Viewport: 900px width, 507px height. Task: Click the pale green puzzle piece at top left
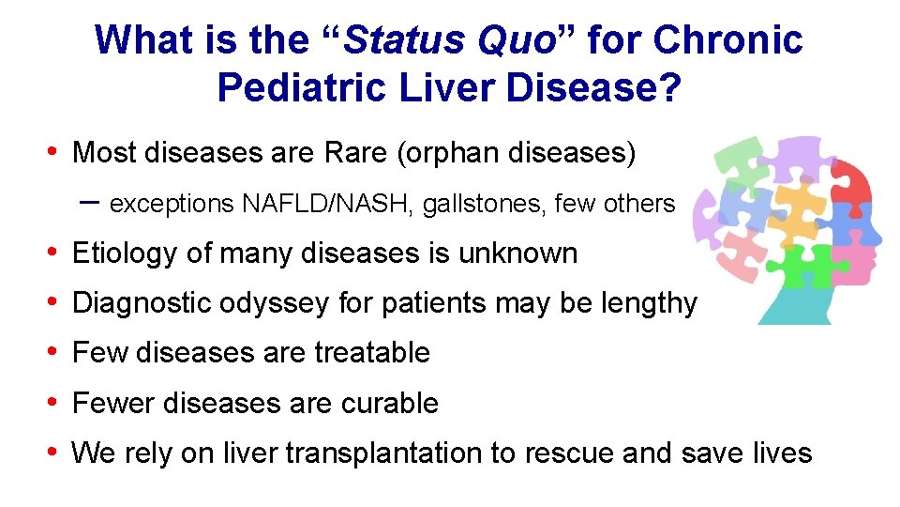click(740, 155)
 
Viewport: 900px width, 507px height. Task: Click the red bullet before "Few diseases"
click(54, 352)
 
